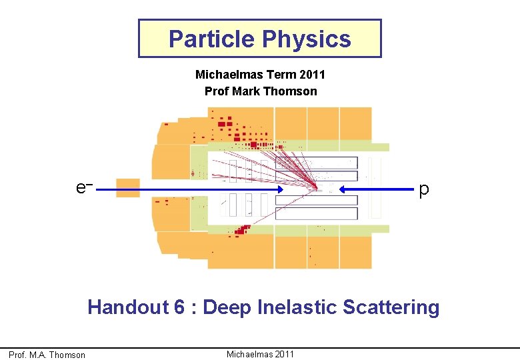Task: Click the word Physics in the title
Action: (306, 39)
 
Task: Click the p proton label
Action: (424, 190)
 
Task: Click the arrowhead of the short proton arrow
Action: (345, 190)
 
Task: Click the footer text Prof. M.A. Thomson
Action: (47, 355)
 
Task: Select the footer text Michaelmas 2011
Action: (260, 353)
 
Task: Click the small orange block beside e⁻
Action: (128, 187)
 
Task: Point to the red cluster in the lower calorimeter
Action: (241, 231)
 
